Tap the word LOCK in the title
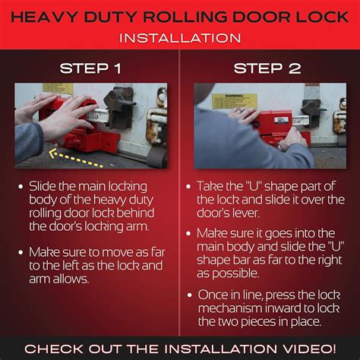point(312,14)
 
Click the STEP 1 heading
point(90,68)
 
